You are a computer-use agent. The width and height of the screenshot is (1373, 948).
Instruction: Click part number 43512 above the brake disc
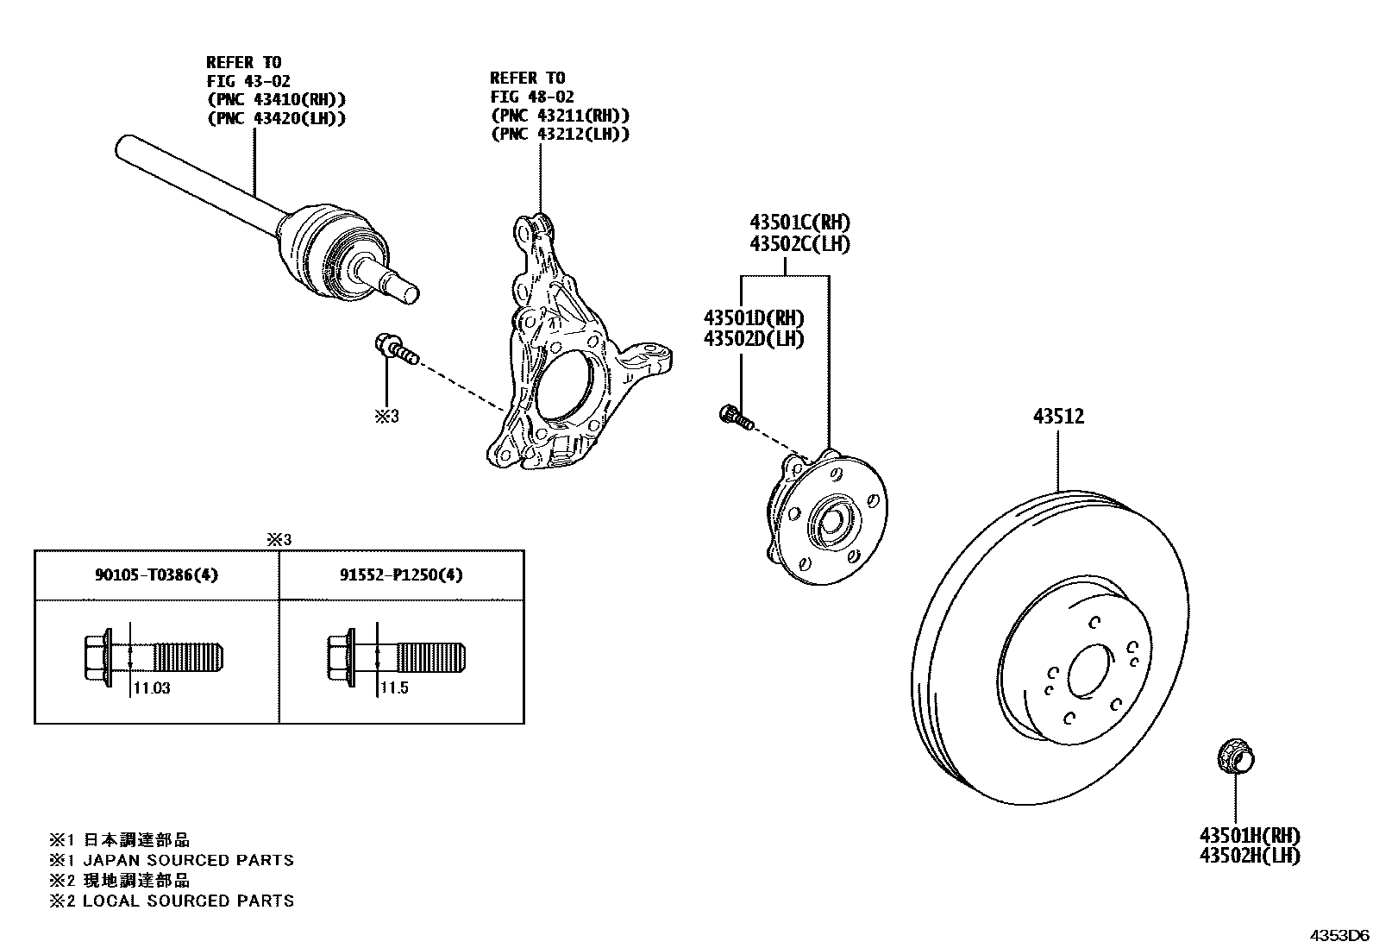pos(1058,417)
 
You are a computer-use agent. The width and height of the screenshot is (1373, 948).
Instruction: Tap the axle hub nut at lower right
pos(1235,757)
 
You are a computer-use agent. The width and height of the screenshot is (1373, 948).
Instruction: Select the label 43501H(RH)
pos(1249,835)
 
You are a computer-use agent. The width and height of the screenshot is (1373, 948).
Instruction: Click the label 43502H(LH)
pos(1249,856)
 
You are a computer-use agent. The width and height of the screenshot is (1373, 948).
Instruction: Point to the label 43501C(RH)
pos(799,223)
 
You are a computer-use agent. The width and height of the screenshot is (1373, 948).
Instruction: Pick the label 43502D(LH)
pos(753,339)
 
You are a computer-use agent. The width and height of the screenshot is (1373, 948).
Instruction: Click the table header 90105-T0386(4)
pos(156,574)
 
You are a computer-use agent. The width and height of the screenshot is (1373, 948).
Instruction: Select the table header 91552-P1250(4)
pos(401,574)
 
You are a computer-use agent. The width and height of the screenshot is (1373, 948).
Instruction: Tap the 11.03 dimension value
pos(153,688)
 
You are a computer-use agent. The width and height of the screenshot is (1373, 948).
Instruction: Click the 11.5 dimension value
pos(394,688)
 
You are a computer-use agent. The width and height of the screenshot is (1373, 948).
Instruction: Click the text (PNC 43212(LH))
pos(559,134)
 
